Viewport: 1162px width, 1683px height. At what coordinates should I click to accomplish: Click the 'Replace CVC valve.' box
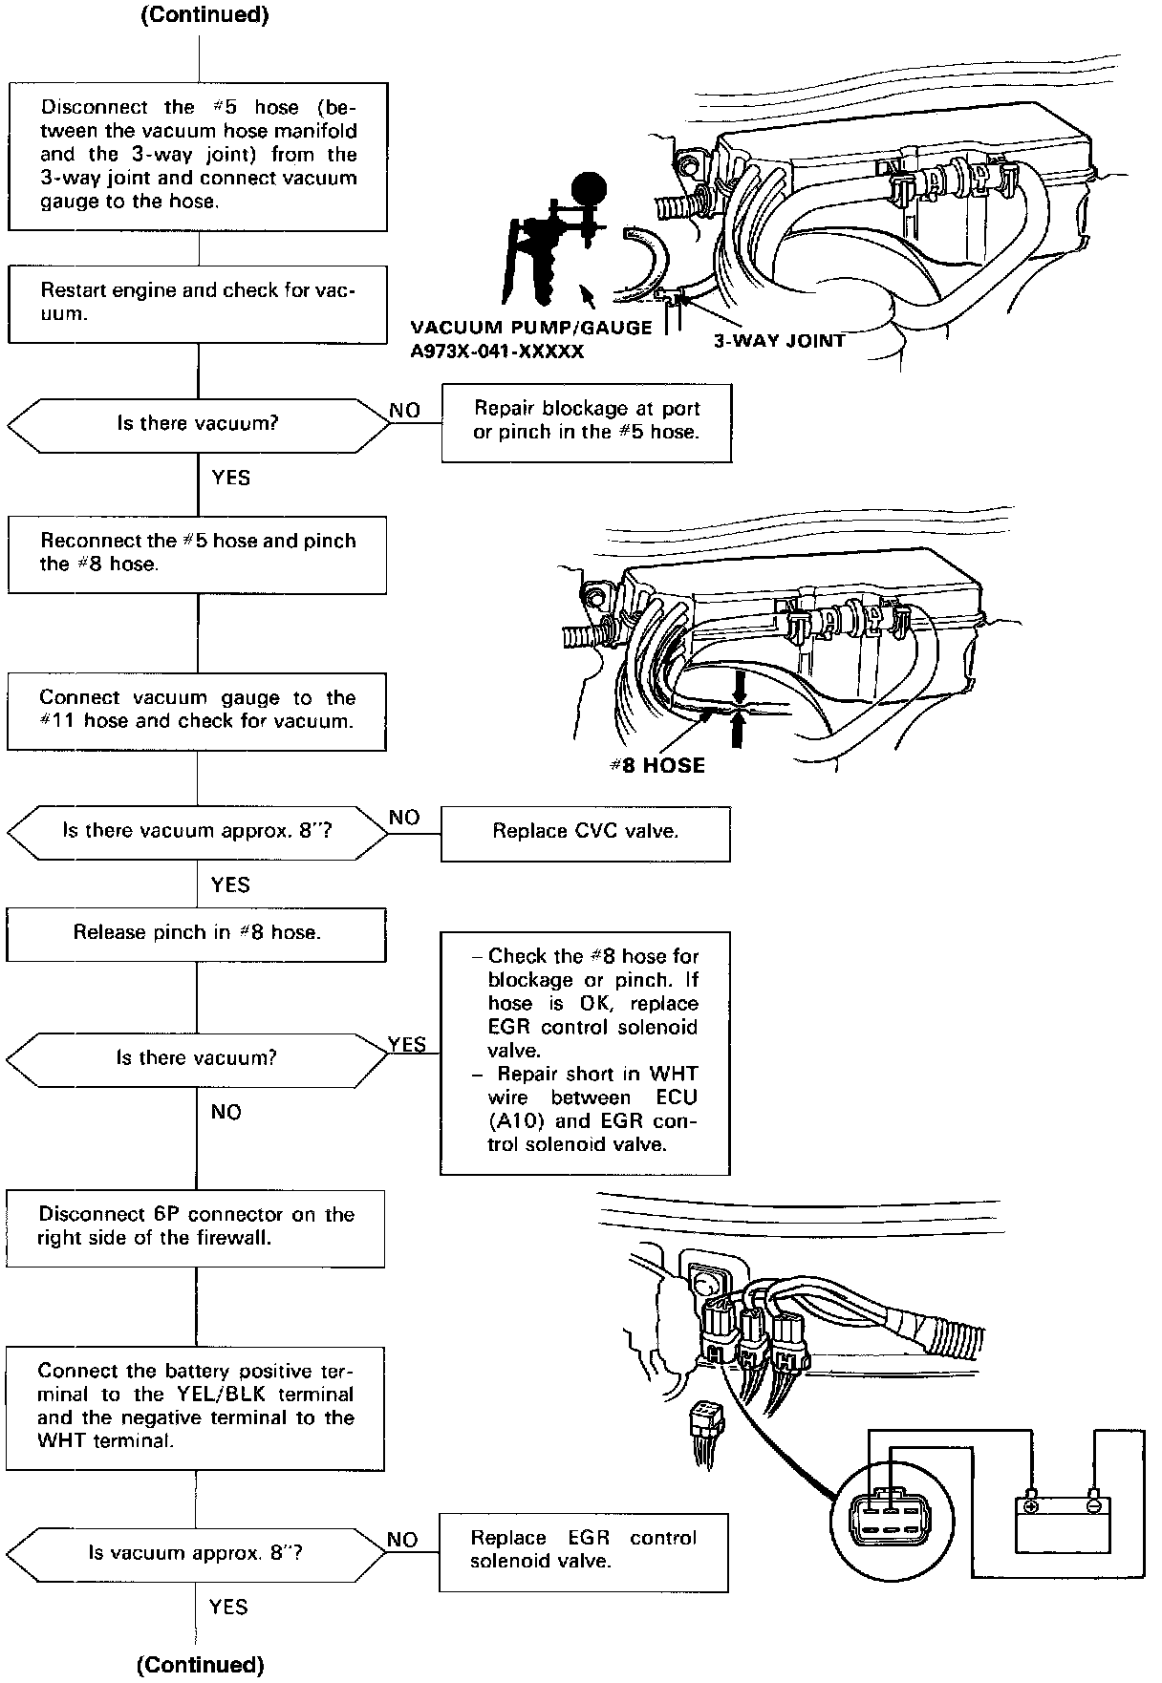click(585, 832)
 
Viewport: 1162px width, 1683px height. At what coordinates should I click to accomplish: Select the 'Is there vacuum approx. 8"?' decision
click(198, 832)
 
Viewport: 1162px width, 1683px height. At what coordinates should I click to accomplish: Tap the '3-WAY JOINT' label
click(779, 340)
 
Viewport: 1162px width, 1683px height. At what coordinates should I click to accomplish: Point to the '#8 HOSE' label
click(657, 766)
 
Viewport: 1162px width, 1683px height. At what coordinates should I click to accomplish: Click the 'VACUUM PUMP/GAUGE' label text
click(530, 328)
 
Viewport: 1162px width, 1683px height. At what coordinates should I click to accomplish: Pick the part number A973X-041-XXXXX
click(497, 352)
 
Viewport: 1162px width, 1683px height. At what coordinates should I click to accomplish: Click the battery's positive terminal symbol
click(1030, 1506)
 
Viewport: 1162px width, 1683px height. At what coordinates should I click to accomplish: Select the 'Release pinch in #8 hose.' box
click(197, 933)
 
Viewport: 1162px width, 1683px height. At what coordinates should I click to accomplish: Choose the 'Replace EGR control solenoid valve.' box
click(583, 1552)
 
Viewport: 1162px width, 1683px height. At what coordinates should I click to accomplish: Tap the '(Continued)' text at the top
click(204, 15)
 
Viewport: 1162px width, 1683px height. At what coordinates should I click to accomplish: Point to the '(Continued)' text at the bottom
click(201, 1665)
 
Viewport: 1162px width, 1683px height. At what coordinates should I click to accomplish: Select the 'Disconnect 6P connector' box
click(196, 1227)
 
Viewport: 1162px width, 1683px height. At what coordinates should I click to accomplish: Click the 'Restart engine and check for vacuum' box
click(198, 304)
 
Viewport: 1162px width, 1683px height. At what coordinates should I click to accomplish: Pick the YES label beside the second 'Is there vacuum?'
click(407, 1045)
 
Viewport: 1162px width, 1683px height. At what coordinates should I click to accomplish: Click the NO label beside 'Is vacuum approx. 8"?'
click(402, 1540)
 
